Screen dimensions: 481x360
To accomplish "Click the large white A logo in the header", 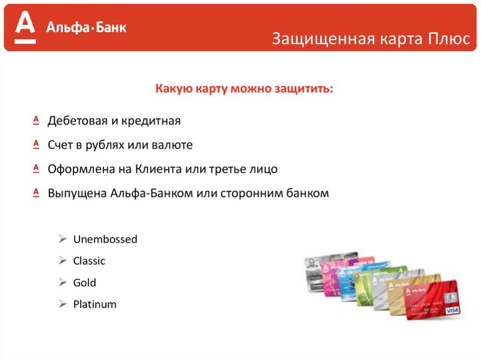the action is (25, 27).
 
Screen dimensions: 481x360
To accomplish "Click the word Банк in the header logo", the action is (111, 28).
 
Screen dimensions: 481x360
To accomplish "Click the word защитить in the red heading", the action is (304, 89).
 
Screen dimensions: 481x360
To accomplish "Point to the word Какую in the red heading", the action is (174, 89).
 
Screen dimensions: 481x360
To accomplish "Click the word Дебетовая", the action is (78, 121).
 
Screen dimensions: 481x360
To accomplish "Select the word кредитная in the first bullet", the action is (151, 121).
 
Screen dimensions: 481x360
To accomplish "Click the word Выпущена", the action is (77, 193).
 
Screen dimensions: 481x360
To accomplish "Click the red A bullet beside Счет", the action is (36, 144).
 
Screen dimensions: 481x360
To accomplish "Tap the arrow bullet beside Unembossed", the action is (62, 238).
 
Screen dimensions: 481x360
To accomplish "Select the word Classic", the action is (89, 261).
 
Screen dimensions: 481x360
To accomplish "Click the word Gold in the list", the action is (85, 283).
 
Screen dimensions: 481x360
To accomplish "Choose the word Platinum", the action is (95, 305).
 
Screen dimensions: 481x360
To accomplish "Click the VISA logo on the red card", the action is (452, 311).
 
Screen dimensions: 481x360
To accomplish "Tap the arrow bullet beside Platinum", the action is (62, 304).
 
